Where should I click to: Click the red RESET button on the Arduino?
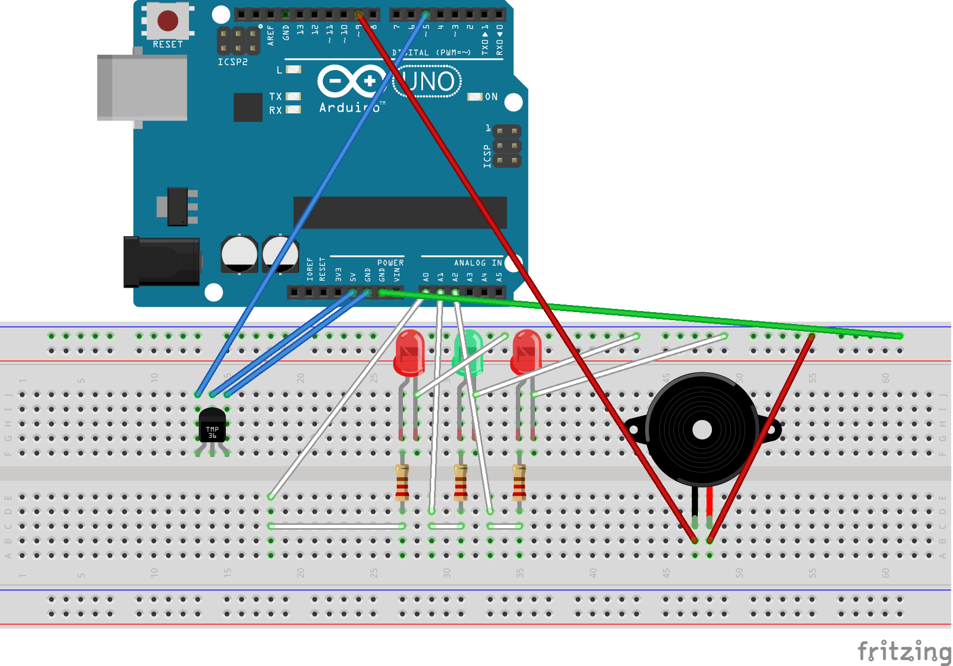[168, 21]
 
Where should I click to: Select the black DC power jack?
[161, 262]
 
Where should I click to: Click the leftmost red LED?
[410, 353]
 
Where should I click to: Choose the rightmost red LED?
[526, 353]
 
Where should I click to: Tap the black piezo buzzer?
[702, 429]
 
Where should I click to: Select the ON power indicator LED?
[475, 97]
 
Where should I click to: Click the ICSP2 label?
[232, 62]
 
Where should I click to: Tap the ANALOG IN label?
[478, 263]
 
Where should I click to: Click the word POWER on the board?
[390, 263]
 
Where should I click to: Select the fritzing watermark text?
[904, 650]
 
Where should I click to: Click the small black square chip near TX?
[248, 107]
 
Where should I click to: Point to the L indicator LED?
[293, 69]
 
